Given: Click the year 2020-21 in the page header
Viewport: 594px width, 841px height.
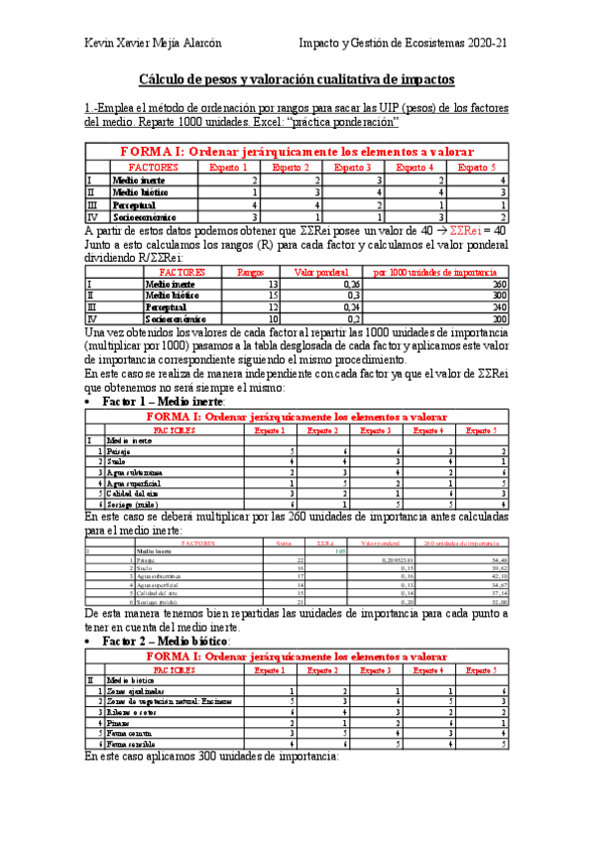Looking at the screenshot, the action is tap(488, 44).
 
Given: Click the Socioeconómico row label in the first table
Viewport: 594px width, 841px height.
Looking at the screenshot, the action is tap(144, 215).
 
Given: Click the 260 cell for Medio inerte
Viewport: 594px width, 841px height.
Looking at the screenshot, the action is tap(497, 284).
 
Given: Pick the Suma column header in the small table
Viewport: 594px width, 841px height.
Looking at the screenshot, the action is tap(284, 543).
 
